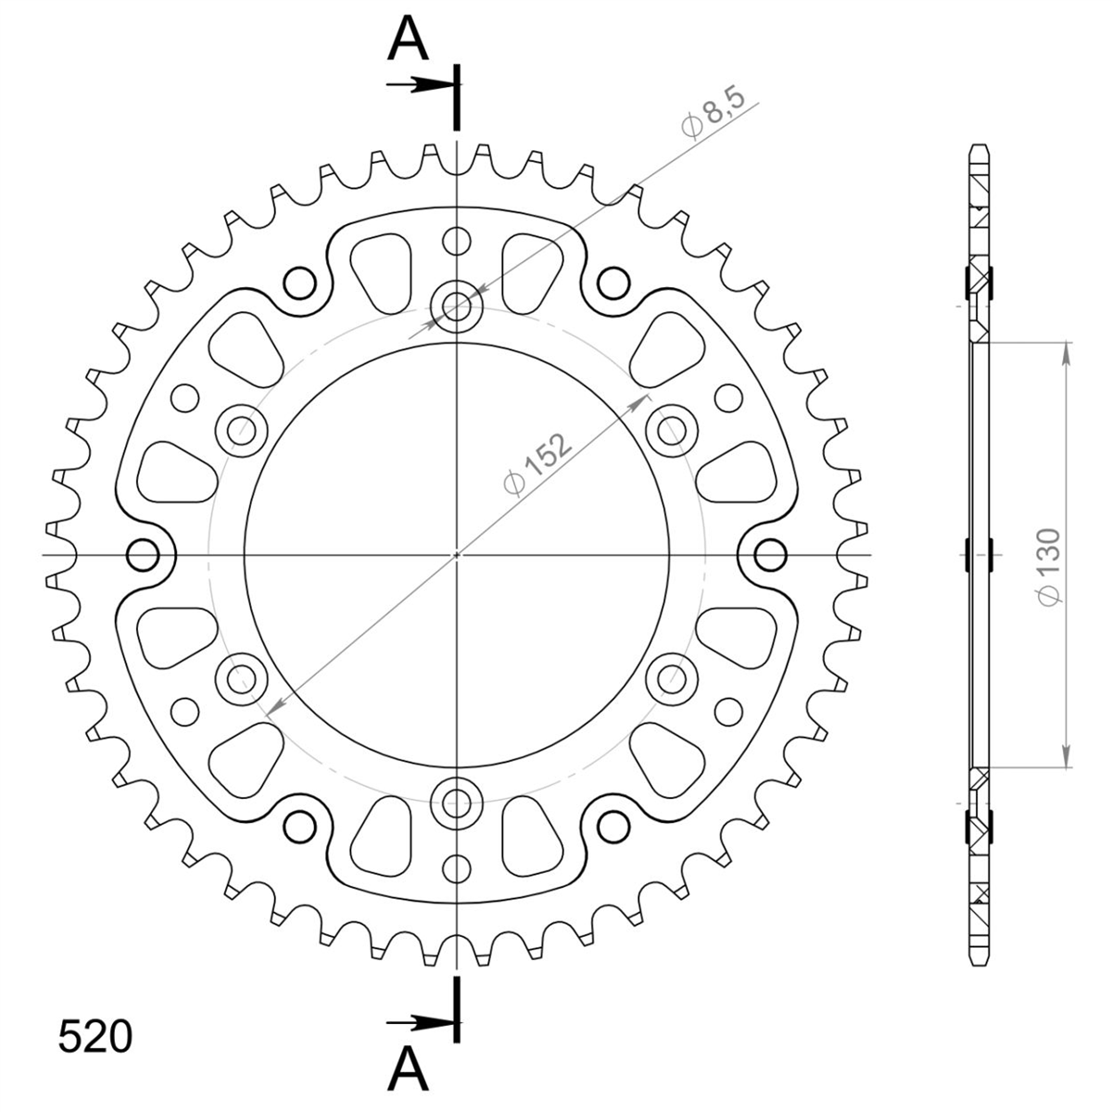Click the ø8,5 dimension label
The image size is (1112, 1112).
coord(713,113)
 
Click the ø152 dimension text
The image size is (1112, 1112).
coord(537,464)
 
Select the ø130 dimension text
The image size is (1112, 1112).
coord(1048,567)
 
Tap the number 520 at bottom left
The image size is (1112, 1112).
coord(95,1037)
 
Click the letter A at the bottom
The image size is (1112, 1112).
coord(408,1069)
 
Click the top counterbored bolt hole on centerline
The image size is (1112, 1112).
coord(457,307)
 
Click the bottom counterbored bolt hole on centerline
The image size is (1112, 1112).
coord(457,802)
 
